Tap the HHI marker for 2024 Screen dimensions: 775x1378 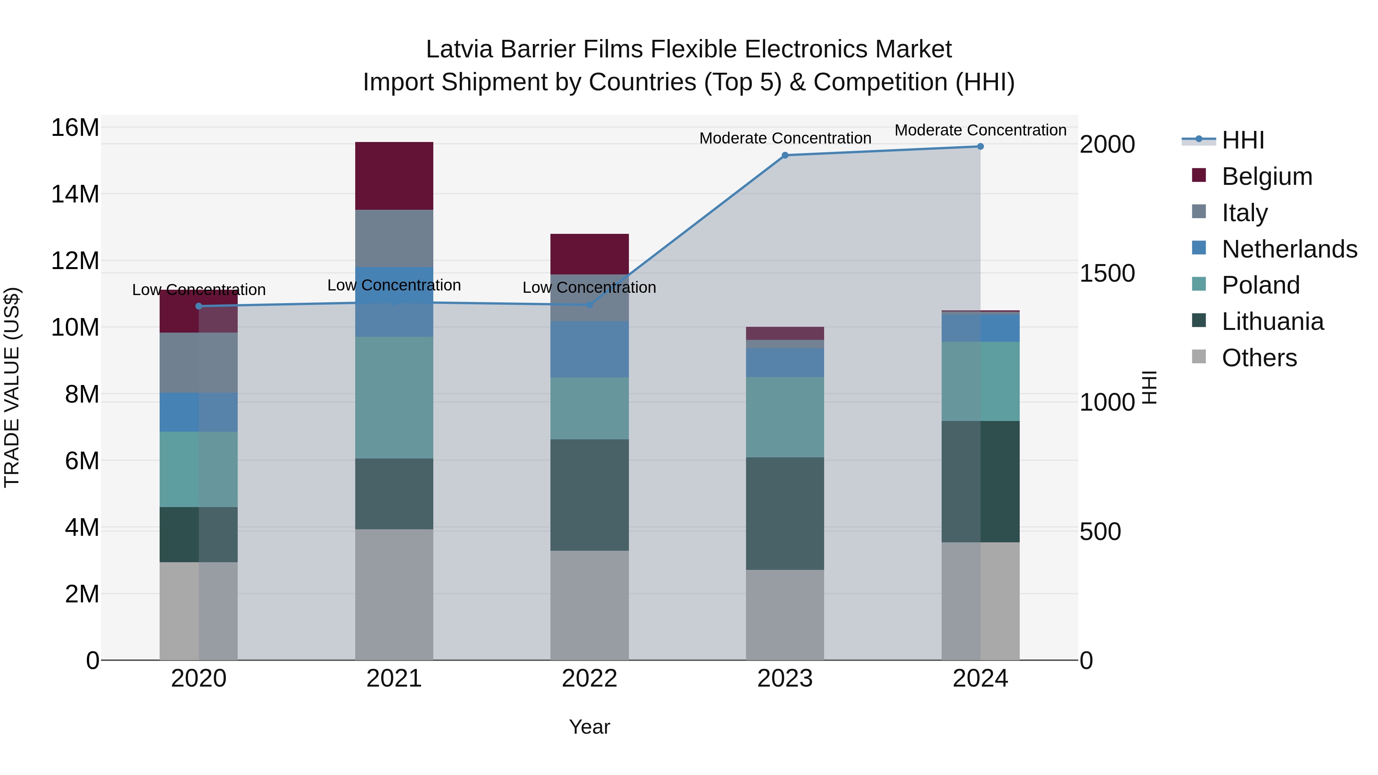pyautogui.click(x=980, y=147)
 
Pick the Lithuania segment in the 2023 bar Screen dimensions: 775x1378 pyautogui.click(x=785, y=514)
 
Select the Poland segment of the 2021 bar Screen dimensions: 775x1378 pyautogui.click(x=394, y=397)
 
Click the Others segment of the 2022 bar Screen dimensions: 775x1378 pyautogui.click(x=589, y=605)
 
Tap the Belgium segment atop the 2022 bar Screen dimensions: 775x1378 pyautogui.click(x=589, y=254)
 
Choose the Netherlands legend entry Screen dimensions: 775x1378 pyautogui.click(x=1289, y=249)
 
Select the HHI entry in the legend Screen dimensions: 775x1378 pyautogui.click(x=1242, y=140)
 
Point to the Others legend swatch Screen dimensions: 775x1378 pyautogui.click(x=1199, y=357)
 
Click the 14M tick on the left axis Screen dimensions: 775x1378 pyautogui.click(x=75, y=194)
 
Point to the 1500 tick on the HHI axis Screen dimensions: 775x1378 pyautogui.click(x=1107, y=273)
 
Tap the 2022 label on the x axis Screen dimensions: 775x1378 pyautogui.click(x=589, y=679)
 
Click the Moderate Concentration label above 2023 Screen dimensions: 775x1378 pyautogui.click(x=785, y=138)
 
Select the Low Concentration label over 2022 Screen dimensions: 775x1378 pyautogui.click(x=589, y=288)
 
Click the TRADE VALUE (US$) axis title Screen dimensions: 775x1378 pyautogui.click(x=12, y=387)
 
